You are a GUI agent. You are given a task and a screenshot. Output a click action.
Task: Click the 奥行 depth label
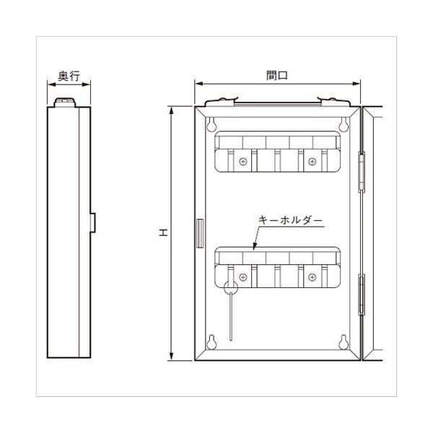tap(69, 76)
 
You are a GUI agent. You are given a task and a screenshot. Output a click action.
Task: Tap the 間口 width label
tap(277, 75)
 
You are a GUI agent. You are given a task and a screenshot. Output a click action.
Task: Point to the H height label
tap(164, 233)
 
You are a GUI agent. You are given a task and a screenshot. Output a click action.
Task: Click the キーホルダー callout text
tap(290, 220)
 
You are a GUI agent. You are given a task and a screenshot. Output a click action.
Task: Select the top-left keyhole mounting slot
tap(211, 124)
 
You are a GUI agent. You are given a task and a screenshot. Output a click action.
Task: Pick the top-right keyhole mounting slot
tap(344, 124)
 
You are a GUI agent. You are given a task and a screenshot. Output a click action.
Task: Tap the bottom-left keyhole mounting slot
tap(211, 342)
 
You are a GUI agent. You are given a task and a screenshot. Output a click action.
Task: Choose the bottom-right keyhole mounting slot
tap(344, 342)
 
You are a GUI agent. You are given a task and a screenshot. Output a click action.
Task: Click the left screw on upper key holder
tap(243, 162)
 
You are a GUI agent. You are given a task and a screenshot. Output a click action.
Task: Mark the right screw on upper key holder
tap(312, 162)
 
